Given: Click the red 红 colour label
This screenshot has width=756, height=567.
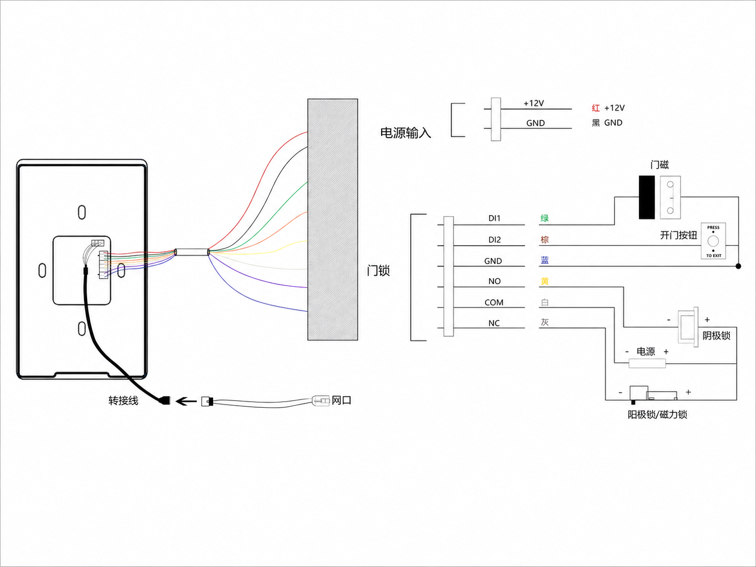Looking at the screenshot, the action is point(596,108).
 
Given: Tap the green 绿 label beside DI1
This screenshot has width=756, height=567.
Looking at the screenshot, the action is point(545,218).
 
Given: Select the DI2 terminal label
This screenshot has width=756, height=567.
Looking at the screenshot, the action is point(494,240).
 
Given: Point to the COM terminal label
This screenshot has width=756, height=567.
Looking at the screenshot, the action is point(494,302).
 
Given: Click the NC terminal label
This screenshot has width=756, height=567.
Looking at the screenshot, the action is point(494,323).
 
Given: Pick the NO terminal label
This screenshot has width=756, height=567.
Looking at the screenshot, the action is point(494,281).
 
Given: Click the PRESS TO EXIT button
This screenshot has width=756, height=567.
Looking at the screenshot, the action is point(713,241).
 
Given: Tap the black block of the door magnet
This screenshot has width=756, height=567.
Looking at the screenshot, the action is point(646,197).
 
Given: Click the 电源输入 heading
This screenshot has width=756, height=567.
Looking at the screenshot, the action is point(406,133).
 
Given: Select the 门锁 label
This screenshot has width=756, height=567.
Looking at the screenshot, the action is point(378,270).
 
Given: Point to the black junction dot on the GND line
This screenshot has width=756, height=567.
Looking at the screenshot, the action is point(738,266).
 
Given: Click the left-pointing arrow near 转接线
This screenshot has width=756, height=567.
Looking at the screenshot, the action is point(186,401).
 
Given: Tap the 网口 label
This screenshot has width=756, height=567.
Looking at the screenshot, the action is point(341,400).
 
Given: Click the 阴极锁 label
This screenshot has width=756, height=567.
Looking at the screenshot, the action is point(716,336).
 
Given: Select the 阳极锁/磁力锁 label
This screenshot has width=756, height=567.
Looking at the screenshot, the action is point(657,415).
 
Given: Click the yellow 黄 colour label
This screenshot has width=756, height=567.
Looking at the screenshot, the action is point(545,281).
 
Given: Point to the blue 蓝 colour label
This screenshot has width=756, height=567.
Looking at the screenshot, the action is point(545,260).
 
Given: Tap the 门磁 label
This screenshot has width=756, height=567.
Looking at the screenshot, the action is point(659,165).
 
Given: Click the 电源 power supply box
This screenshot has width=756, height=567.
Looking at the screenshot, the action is point(647,363).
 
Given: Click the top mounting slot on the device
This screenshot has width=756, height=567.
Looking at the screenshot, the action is point(81,212).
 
